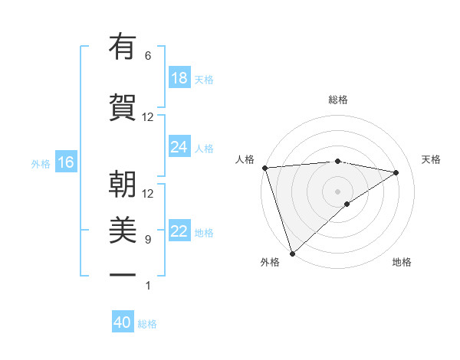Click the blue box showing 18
click(179, 78)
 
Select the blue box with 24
click(179, 147)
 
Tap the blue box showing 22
click(179, 231)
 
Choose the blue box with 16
click(65, 162)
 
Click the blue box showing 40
click(123, 322)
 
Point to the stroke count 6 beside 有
click(148, 56)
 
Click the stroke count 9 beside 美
click(148, 240)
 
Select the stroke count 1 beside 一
click(148, 286)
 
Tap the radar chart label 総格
click(337, 100)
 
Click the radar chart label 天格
click(432, 159)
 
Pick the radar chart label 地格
click(402, 263)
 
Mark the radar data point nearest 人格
click(264, 168)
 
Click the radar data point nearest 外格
click(292, 253)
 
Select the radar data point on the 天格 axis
click(396, 172)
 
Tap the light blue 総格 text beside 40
click(147, 324)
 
